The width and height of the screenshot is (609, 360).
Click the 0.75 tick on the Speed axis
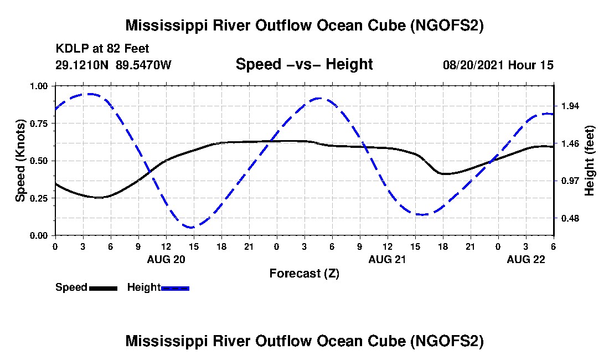pos(40,124)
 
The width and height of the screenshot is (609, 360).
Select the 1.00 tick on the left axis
pos(40,86)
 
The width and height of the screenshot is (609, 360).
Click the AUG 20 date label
pos(166,259)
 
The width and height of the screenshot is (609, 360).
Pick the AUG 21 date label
pos(387,259)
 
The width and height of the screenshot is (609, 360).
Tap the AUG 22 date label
pos(526,259)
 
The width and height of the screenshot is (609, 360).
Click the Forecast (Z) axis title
pos(304,273)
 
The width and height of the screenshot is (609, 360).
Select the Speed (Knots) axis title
pos(20,161)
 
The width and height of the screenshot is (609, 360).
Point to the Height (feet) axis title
pos(589,161)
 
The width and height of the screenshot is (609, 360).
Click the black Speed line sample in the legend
pos(103,288)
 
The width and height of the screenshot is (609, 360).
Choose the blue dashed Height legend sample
pos(175,288)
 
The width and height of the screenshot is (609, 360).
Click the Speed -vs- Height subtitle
pos(304,65)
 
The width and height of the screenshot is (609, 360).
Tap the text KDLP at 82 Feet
pos(102,49)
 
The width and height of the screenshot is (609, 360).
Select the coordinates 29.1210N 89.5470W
pos(113,65)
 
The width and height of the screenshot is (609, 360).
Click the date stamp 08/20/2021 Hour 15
pos(498,65)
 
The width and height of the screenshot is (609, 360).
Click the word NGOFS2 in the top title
pos(447,25)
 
